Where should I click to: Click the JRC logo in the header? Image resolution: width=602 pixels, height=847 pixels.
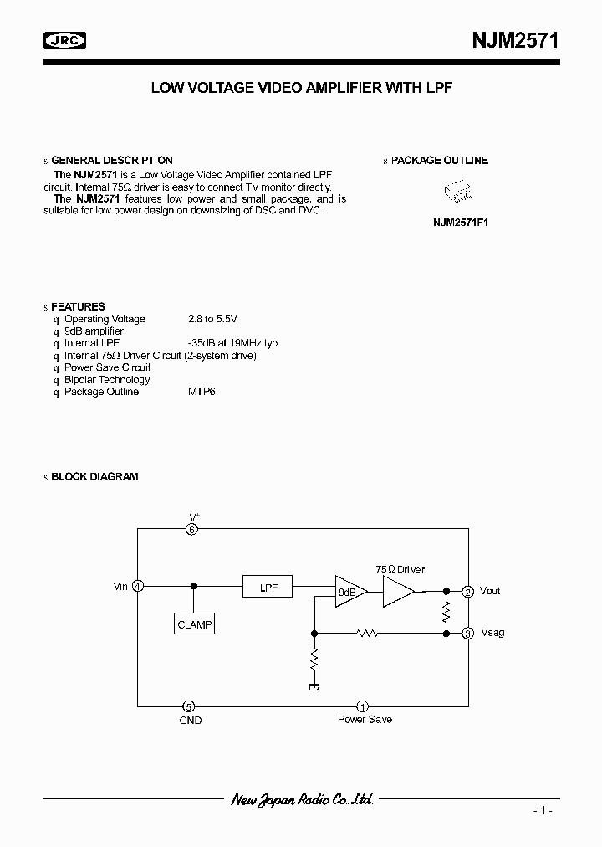pos(64,40)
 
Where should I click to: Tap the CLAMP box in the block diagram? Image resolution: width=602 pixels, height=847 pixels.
pos(195,624)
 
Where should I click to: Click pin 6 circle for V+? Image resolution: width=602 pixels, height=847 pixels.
pos(192,529)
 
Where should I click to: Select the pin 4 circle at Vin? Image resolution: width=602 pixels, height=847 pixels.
pos(138,587)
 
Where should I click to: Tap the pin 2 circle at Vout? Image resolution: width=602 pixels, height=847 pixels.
pos(468,591)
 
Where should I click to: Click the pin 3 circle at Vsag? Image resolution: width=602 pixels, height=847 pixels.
pos(468,633)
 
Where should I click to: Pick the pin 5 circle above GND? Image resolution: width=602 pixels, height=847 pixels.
pos(191,706)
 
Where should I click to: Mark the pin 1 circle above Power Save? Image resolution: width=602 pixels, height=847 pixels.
pos(362,706)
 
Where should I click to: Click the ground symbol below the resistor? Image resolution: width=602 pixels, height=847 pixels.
pos(315,686)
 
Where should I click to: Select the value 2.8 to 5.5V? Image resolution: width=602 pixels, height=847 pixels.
pos(212,319)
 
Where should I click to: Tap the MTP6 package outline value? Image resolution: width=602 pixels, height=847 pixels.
pos(202,392)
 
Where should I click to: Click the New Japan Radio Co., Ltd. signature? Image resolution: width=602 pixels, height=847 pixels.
pos(301,800)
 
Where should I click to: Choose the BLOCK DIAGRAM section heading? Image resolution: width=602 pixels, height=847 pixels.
pos(94,477)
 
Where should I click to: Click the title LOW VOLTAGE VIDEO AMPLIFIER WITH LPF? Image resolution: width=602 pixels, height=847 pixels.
pos(301,87)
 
